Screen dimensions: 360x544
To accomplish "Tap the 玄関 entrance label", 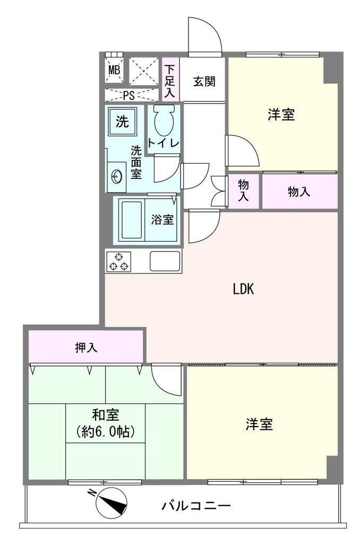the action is (x=204, y=81).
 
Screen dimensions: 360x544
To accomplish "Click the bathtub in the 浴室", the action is (x=132, y=219).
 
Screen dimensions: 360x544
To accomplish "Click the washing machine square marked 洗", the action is (x=122, y=122).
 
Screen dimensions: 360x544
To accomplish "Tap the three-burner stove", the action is (x=118, y=261).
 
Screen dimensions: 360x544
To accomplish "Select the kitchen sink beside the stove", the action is (x=165, y=260).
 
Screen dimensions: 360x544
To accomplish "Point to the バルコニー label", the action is (x=196, y=506).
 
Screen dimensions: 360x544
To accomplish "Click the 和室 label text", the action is (x=106, y=414).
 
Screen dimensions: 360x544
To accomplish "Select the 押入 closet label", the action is (x=86, y=347).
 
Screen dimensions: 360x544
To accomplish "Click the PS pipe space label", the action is (x=128, y=95).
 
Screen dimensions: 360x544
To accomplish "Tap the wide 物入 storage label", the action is (x=298, y=191).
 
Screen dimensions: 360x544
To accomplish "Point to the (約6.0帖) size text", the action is (x=106, y=431).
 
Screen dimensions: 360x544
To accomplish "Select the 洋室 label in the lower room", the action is (x=259, y=424).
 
